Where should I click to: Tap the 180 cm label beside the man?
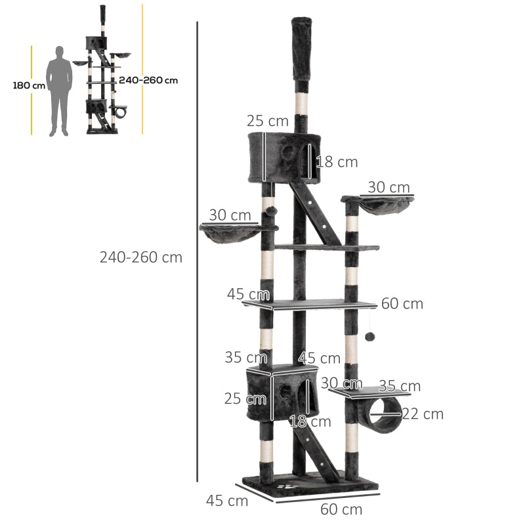[x=29, y=85]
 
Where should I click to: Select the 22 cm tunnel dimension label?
[x=423, y=414]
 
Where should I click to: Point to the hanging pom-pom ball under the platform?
[x=370, y=336]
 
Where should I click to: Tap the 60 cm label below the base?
[x=341, y=509]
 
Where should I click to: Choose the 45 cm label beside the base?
[x=227, y=501]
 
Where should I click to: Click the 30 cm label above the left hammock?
[x=230, y=215]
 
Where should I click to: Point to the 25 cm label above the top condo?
[x=268, y=121]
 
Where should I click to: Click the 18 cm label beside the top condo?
[x=337, y=161]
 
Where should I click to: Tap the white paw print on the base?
[x=292, y=488]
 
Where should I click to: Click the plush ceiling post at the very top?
[x=301, y=49]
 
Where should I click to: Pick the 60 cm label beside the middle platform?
[x=402, y=304]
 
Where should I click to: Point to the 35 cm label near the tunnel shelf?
[x=400, y=386]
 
